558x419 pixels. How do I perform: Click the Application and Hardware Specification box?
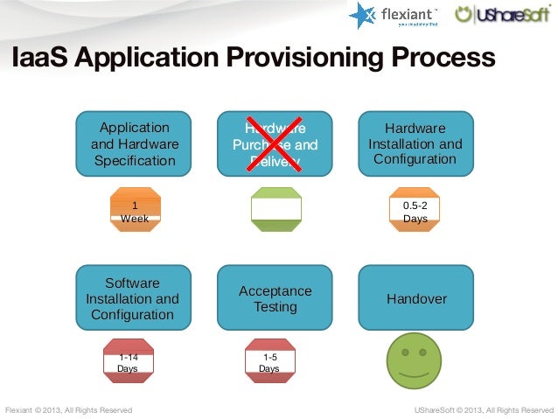(135, 142)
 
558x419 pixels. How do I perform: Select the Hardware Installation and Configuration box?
(415, 142)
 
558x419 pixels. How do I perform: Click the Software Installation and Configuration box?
(132, 298)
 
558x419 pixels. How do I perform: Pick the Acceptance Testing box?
(275, 299)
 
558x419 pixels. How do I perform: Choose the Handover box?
(416, 299)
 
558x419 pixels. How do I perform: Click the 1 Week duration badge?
(135, 211)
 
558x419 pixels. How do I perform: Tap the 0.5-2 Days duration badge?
(415, 211)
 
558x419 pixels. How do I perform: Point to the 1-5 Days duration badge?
(269, 362)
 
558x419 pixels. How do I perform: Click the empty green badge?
(276, 211)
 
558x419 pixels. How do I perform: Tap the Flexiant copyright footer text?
(69, 409)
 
